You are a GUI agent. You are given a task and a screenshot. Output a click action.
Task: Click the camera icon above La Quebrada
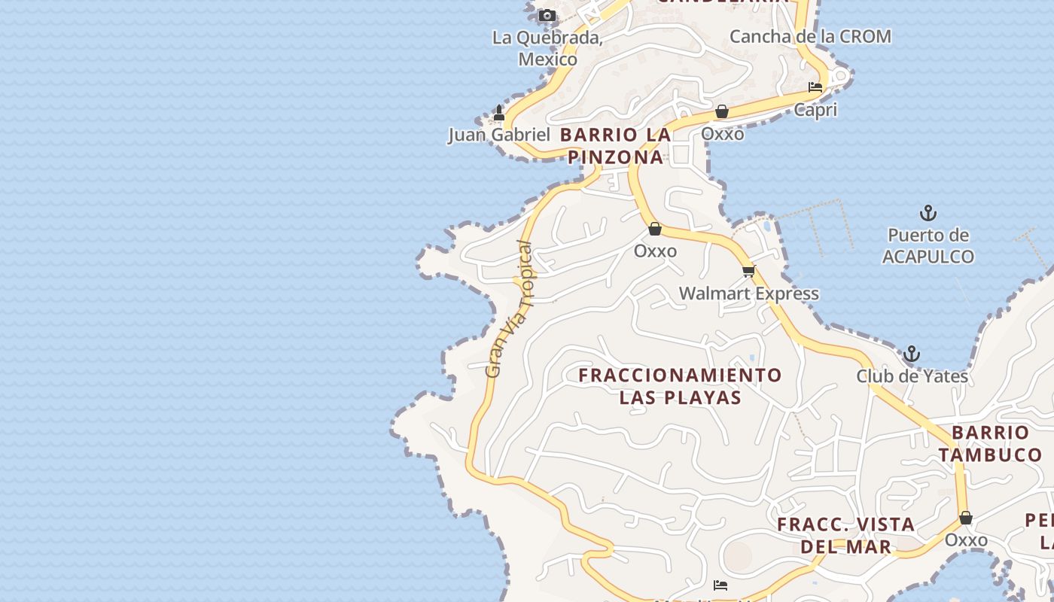547,15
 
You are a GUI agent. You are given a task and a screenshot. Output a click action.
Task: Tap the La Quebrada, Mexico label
547,48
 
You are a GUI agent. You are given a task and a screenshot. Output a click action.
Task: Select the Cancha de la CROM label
810,36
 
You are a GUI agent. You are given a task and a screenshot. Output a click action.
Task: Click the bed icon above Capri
815,87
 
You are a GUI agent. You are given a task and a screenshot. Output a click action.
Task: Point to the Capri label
815,110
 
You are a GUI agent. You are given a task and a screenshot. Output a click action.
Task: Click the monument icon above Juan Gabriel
498,113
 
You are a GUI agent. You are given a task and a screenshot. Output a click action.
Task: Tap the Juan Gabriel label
499,135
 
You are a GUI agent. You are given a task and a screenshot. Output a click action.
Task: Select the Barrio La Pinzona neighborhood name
616,146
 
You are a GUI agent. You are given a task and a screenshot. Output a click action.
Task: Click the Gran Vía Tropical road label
510,309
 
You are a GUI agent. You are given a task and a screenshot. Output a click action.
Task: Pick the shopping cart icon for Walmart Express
748,271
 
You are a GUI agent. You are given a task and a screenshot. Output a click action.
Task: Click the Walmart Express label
748,293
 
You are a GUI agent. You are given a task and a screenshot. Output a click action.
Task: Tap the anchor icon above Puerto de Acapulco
928,213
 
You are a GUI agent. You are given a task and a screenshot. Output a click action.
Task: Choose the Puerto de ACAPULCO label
928,246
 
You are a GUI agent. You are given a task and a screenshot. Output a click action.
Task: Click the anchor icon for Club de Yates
912,354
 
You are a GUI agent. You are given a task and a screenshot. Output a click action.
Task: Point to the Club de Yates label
912,375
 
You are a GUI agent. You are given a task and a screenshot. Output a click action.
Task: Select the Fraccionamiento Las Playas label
681,386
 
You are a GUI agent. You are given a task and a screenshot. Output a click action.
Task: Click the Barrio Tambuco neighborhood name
990,443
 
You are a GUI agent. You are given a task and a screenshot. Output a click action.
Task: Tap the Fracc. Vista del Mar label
846,535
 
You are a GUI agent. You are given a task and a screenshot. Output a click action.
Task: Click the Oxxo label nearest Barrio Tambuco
966,540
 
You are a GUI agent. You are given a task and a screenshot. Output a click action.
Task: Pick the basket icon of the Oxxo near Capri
722,112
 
